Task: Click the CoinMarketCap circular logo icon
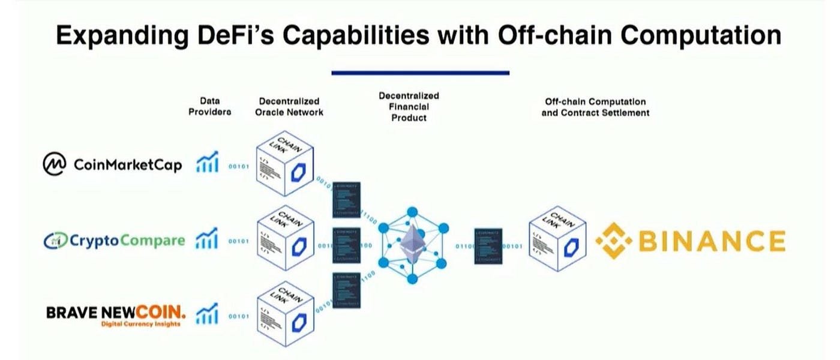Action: coord(55,164)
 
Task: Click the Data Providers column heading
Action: coord(209,107)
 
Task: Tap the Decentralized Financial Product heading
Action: coord(409,107)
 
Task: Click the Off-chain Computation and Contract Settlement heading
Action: coord(595,107)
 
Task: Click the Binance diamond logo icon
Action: coord(614,241)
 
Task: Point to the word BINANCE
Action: coord(711,241)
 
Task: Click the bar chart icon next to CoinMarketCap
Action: coord(207,161)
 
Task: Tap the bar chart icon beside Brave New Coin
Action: coord(207,313)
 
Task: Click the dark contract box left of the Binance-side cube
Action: coord(487,246)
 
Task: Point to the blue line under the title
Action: coord(420,73)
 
